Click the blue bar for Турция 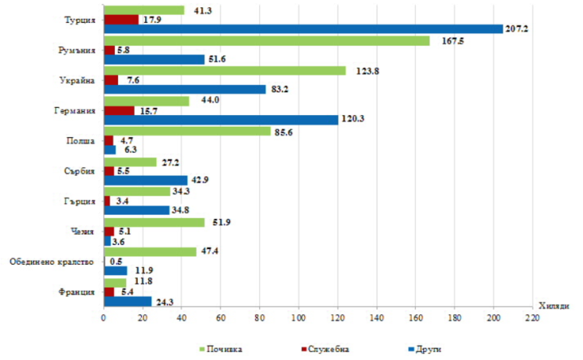point(303,29)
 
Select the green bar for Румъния point(266,40)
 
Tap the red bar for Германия point(119,110)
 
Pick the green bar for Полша point(187,131)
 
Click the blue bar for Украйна point(184,89)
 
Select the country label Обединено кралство point(51,262)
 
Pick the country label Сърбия point(80,171)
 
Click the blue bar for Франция point(127,301)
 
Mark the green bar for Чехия point(154,221)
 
